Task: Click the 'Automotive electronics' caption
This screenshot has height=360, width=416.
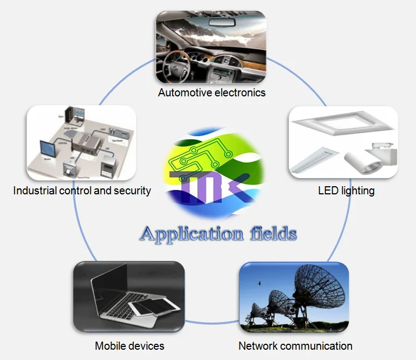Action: point(212,93)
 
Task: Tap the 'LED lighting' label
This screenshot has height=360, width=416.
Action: point(346,191)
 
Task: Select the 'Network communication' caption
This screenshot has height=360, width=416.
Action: point(295,346)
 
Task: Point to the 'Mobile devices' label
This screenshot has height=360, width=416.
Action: point(129,346)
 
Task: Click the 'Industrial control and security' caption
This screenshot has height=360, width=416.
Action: point(82,191)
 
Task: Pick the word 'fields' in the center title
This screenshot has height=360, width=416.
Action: point(274,233)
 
